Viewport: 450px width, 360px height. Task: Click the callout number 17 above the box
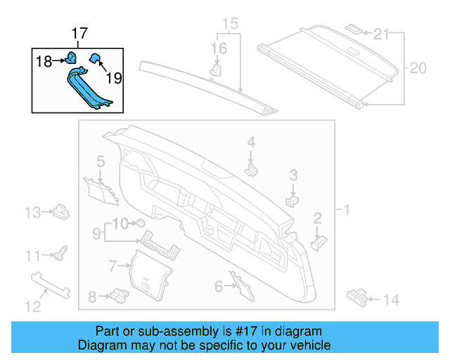79,33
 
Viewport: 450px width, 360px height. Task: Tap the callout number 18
44,62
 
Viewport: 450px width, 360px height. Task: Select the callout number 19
114,78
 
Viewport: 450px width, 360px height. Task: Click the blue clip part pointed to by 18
71,57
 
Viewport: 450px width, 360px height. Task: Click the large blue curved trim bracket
88,88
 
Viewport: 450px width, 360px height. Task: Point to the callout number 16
220,48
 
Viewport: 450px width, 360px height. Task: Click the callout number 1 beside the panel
346,210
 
